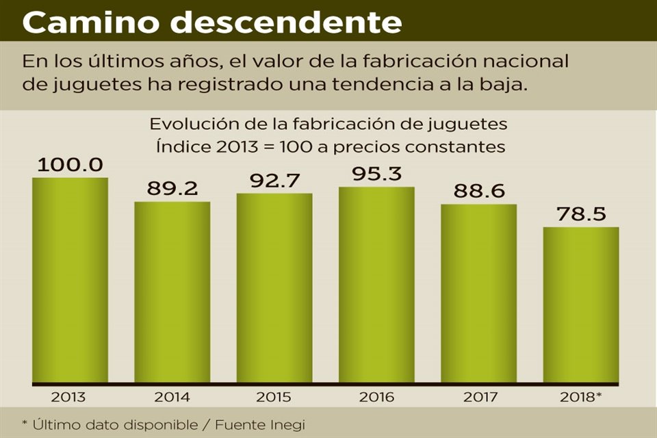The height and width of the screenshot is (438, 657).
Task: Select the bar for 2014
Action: [172, 292]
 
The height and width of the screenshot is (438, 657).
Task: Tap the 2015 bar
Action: [274, 287]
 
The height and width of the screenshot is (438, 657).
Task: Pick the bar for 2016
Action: [376, 285]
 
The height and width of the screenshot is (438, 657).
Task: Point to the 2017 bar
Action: [478, 293]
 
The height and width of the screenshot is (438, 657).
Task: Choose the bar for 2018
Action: [581, 305]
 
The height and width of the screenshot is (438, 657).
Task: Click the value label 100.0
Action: [70, 165]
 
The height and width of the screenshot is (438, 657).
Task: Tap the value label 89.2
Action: [172, 189]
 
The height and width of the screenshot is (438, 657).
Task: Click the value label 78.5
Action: [581, 214]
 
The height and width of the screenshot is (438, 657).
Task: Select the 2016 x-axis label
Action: [376, 397]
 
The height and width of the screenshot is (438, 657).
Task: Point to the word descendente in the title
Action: [286, 22]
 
